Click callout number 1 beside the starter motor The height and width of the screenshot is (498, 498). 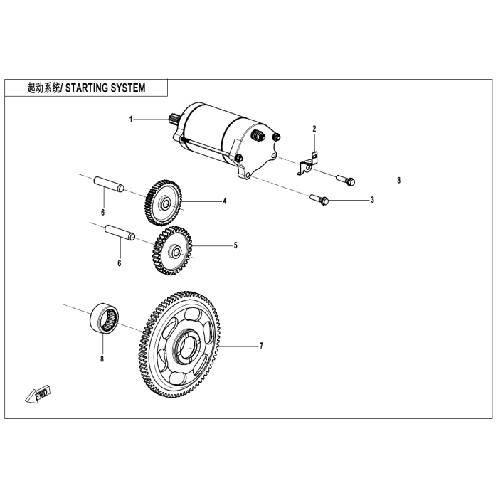(131, 119)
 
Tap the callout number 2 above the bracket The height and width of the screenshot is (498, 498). (313, 129)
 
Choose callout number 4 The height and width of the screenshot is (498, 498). (224, 201)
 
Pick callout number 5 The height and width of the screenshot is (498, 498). (235, 246)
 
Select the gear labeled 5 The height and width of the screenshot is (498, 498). (172, 250)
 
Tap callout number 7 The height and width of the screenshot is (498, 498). (261, 346)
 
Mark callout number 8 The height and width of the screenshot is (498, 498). (102, 359)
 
